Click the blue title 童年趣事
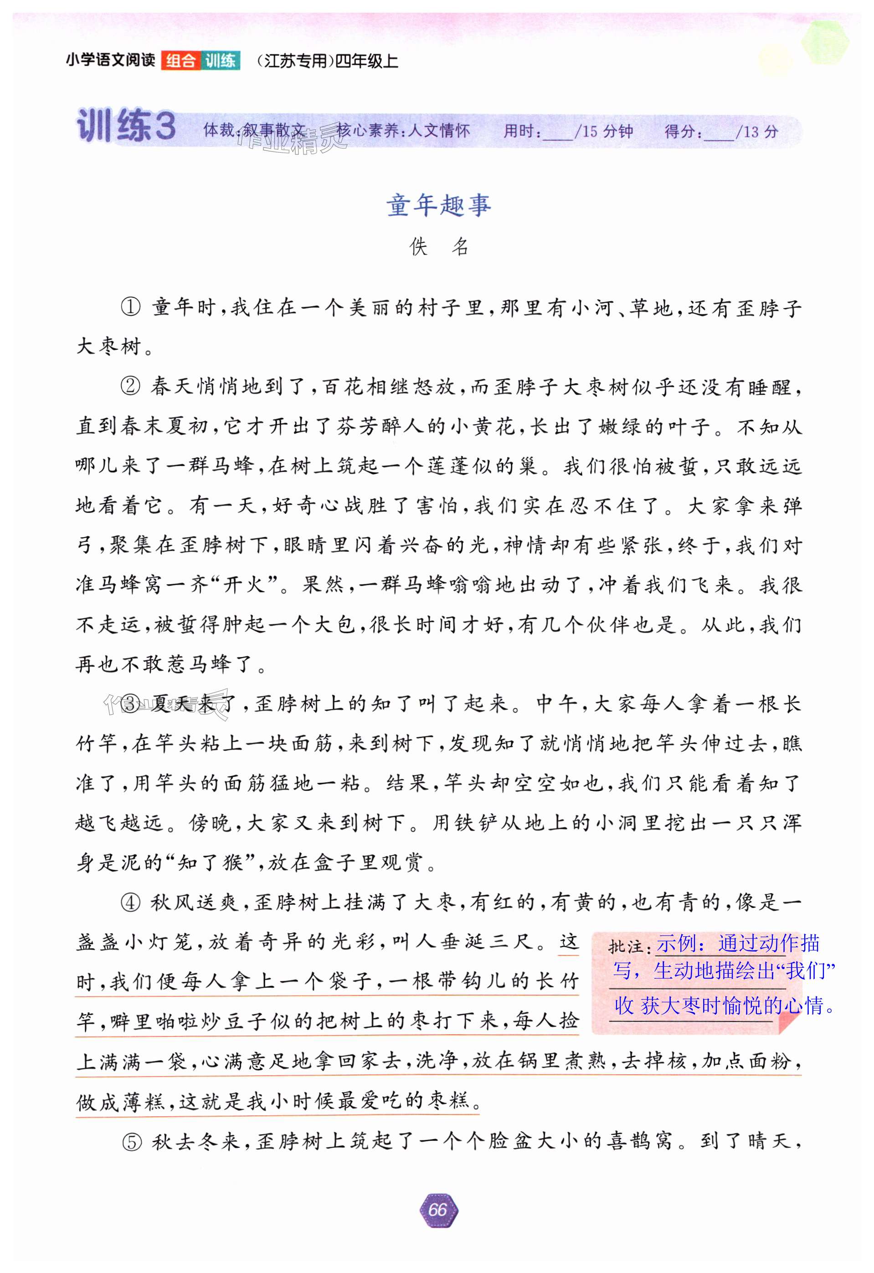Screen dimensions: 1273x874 point(438,205)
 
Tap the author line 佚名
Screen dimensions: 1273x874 point(438,247)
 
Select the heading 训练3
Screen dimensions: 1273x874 point(126,126)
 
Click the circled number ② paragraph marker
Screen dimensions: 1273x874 point(131,387)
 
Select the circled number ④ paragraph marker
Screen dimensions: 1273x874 point(131,903)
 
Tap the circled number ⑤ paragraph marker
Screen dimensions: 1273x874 point(132,1142)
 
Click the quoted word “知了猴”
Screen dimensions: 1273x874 point(211,863)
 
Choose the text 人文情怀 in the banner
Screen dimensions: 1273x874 point(439,130)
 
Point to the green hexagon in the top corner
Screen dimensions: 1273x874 point(825,41)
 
